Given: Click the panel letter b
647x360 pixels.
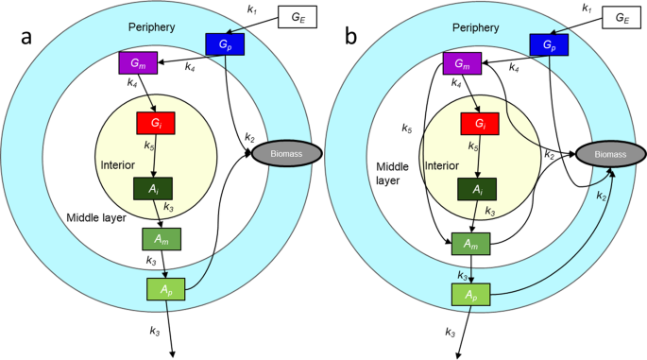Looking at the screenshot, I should (x=351, y=40).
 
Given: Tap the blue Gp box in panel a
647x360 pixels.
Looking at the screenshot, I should (x=225, y=43).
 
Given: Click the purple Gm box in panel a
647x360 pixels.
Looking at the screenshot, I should (x=137, y=64).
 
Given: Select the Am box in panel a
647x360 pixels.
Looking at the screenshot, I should (x=162, y=240).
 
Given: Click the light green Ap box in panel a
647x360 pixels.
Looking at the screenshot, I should (x=167, y=289).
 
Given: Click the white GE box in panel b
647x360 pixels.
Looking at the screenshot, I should (x=621, y=17).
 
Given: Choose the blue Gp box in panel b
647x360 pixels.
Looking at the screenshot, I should (x=549, y=43).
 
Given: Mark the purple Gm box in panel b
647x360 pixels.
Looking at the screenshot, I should (x=462, y=64).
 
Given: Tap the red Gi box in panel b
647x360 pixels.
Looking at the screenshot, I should (x=478, y=123).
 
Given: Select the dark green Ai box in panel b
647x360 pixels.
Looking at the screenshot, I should (x=478, y=187).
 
